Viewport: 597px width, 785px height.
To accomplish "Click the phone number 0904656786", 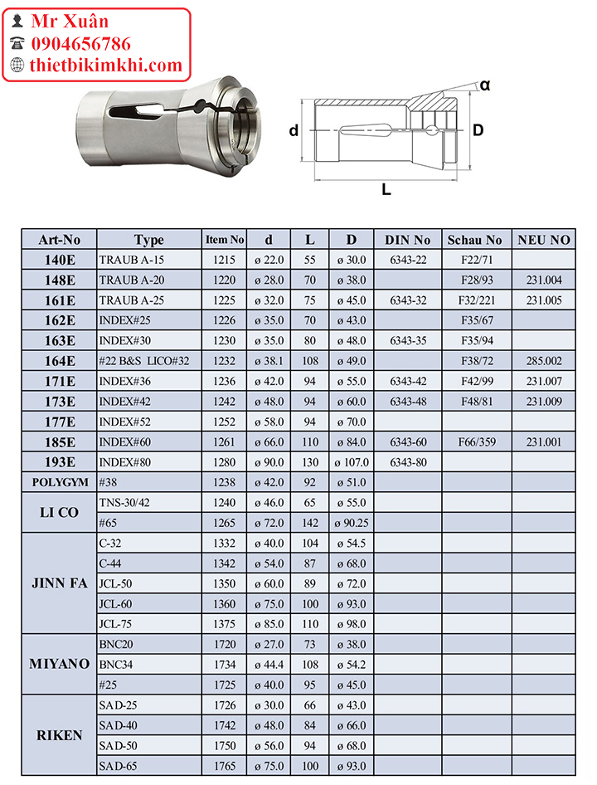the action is [x=80, y=44].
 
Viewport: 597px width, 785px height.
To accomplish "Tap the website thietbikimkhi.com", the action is [x=106, y=66].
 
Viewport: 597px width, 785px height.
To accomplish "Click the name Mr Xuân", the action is [x=70, y=21].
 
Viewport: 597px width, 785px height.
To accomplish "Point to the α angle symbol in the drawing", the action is [x=485, y=85].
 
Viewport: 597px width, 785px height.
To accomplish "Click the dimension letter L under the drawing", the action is [x=386, y=189].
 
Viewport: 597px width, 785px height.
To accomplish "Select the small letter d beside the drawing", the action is [x=294, y=130].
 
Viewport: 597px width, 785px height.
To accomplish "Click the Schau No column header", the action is [x=474, y=240].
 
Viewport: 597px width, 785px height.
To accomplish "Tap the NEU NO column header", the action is [x=544, y=240].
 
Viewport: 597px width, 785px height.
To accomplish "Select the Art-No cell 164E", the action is [x=60, y=361].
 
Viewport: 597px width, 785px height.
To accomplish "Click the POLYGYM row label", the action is [x=60, y=482].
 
